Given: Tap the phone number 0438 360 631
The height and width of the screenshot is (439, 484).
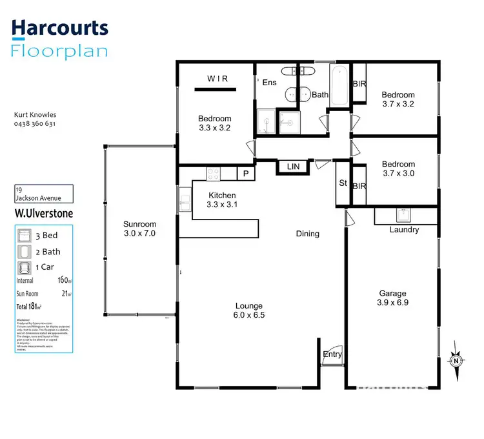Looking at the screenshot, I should click(34, 124).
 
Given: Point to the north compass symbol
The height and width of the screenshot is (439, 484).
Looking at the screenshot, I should click(456, 360).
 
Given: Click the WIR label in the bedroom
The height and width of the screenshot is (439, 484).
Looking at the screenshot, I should click(217, 79).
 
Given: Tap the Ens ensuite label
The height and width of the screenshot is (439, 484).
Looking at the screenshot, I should click(269, 82).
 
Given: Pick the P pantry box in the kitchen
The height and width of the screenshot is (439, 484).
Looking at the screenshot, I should click(246, 173).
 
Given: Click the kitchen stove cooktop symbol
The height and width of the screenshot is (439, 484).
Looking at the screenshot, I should click(214, 173).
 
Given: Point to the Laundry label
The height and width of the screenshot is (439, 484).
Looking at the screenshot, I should click(404, 230).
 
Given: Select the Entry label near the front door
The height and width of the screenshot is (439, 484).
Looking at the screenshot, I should click(332, 354).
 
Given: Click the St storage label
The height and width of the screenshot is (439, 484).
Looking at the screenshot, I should click(343, 183).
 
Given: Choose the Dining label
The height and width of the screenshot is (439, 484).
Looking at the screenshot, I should click(307, 234).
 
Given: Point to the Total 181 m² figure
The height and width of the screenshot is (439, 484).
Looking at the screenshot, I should click(29, 307).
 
